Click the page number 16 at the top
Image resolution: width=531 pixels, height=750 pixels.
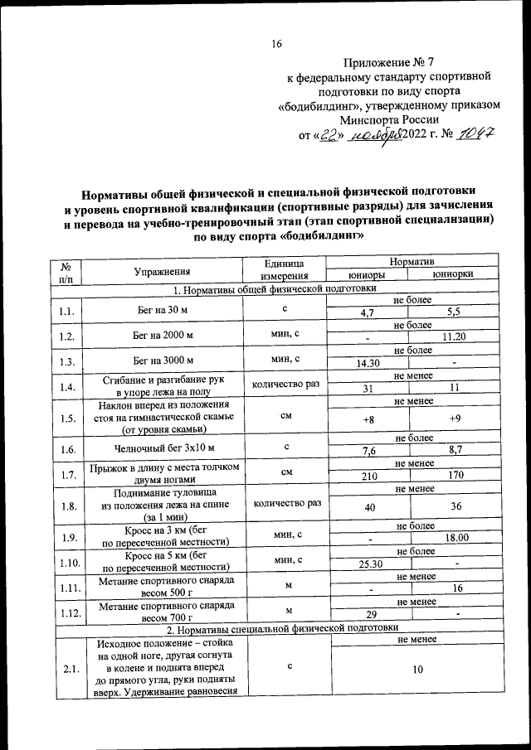click(277, 44)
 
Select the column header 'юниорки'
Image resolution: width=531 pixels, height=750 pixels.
click(453, 274)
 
